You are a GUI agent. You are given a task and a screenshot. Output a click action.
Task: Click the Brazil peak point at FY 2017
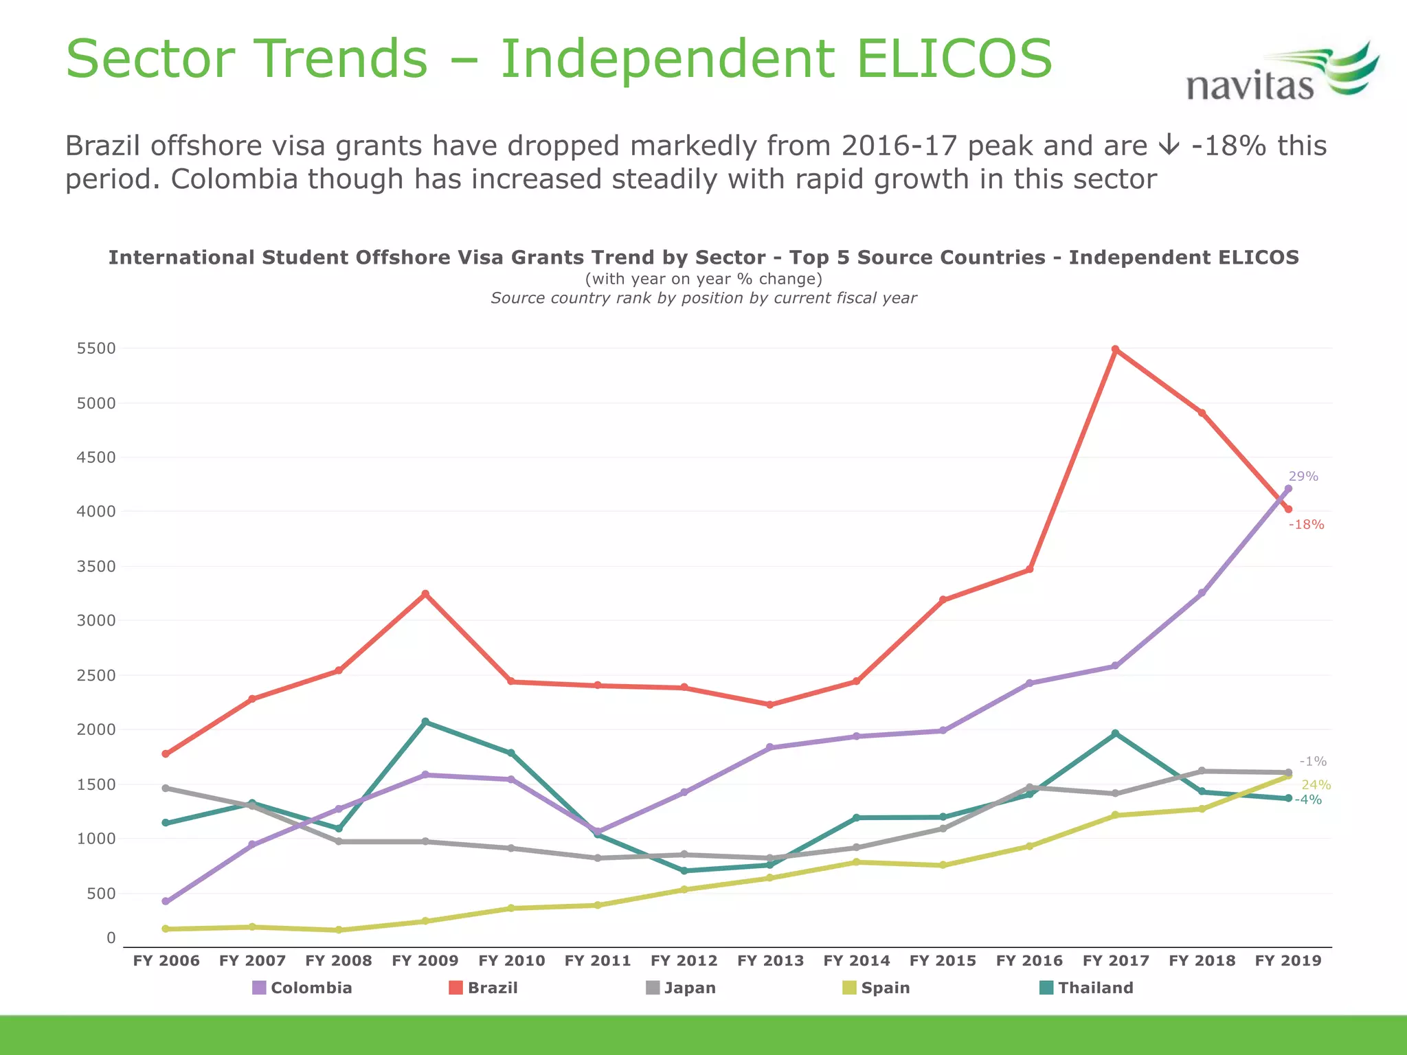pos(1115,350)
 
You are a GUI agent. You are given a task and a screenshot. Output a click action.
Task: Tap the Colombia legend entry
pos(302,988)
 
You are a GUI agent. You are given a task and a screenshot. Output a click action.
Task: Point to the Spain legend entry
pos(877,988)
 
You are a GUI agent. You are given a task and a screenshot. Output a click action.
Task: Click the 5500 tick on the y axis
pos(96,348)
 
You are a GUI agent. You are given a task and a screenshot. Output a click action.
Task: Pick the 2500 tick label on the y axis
pos(96,675)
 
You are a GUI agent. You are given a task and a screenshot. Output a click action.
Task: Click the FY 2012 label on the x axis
pos(684,961)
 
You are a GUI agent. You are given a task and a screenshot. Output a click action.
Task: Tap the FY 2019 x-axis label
pos(1288,961)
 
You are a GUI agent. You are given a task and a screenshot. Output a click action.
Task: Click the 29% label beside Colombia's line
pos(1303,476)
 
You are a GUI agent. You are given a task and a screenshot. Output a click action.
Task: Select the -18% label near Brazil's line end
pos(1306,525)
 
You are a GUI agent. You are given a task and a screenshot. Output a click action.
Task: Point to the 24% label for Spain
pos(1316,785)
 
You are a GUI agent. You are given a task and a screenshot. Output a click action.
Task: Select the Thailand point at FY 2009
pos(425,722)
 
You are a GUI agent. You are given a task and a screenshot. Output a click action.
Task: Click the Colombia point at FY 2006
pos(166,901)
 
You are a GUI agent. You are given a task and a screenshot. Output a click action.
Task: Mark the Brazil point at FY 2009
pos(425,593)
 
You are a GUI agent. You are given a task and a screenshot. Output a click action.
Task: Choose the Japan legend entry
pos(681,988)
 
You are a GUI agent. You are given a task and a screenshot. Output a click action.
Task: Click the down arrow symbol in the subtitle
pos(1168,146)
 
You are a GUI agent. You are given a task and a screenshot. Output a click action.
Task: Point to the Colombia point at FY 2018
pos(1202,593)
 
